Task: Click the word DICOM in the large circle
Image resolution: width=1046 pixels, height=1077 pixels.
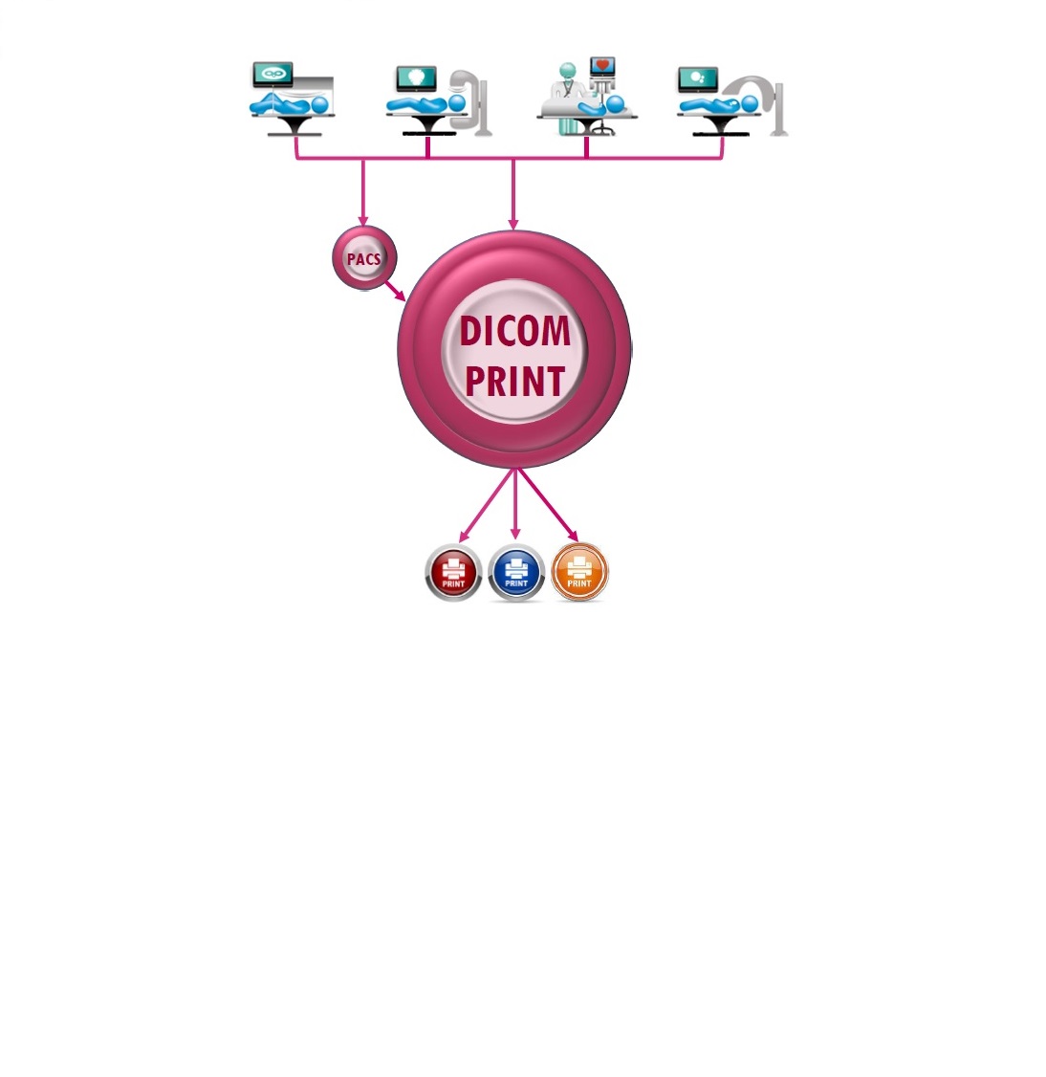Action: pyautogui.click(x=515, y=331)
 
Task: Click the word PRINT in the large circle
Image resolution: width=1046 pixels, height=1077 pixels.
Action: pyautogui.click(x=515, y=382)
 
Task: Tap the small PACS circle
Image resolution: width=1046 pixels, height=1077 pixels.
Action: pyautogui.click(x=364, y=258)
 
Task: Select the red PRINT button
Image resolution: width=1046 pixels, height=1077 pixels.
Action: pyautogui.click(x=453, y=573)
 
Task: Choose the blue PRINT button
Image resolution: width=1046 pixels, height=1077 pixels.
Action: pyautogui.click(x=516, y=573)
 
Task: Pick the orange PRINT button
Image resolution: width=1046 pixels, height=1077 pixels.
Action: pyautogui.click(x=579, y=572)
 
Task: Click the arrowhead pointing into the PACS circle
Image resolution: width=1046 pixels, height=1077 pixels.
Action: pyautogui.click(x=363, y=221)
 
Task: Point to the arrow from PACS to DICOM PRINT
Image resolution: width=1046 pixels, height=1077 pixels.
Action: pyautogui.click(x=395, y=291)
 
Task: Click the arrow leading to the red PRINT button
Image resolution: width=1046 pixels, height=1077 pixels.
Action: pyautogui.click(x=488, y=506)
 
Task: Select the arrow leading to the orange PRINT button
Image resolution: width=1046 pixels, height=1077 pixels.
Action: pyautogui.click(x=549, y=506)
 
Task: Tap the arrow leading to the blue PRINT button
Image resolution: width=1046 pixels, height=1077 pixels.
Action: pyautogui.click(x=515, y=504)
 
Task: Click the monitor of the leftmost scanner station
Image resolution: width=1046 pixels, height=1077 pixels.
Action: pyautogui.click(x=272, y=75)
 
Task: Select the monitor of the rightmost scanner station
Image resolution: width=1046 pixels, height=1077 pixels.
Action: pyautogui.click(x=698, y=79)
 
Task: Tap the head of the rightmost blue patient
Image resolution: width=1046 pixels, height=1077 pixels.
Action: pyautogui.click(x=750, y=104)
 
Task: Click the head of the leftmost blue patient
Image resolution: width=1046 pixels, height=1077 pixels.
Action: pyautogui.click(x=320, y=105)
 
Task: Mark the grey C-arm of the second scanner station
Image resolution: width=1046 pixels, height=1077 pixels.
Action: pyautogui.click(x=470, y=101)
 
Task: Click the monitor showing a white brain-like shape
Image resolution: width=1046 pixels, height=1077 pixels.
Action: pyautogui.click(x=416, y=77)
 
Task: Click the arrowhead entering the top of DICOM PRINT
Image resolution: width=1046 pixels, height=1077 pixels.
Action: pyautogui.click(x=513, y=225)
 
